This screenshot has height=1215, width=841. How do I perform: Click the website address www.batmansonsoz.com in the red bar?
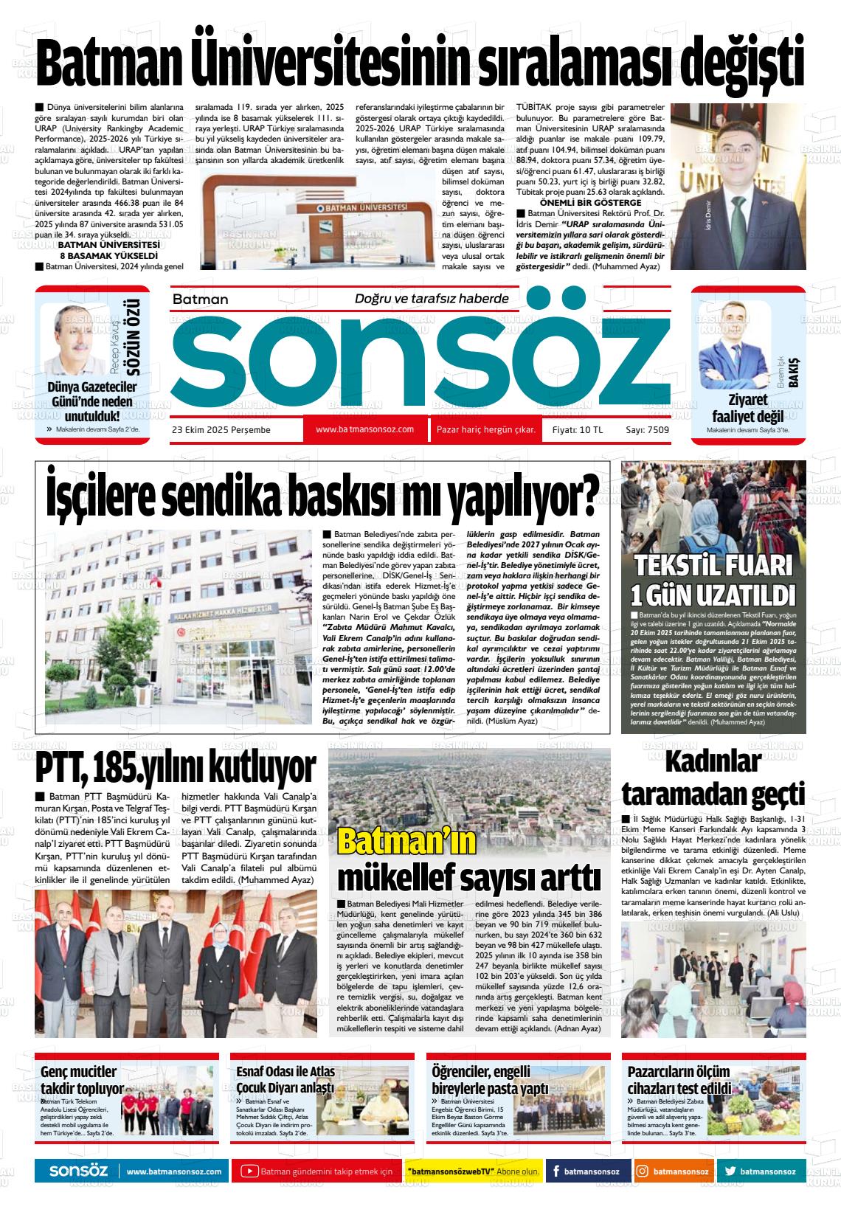[364, 429]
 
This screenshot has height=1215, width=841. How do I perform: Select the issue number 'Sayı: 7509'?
[647, 430]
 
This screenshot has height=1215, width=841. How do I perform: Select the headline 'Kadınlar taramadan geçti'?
[713, 778]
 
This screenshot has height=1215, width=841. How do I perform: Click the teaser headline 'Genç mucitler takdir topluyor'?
[81, 1080]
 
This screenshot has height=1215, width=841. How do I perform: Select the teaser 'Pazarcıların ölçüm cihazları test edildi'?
[679, 1080]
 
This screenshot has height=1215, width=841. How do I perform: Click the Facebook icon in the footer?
[553, 1171]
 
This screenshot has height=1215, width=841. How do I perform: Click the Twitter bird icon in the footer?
[730, 1171]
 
